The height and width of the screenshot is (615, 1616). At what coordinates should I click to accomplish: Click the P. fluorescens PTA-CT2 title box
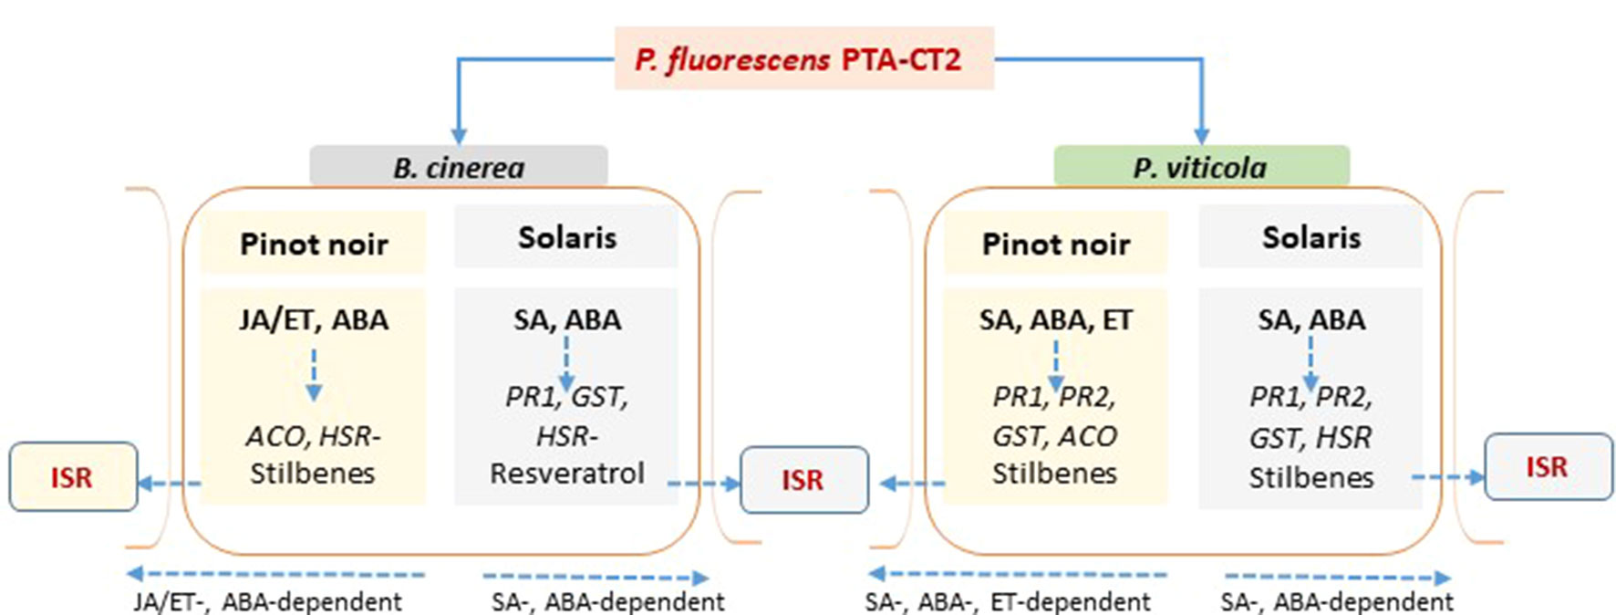[803, 59]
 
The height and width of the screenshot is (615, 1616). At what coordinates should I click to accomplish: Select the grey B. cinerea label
[459, 167]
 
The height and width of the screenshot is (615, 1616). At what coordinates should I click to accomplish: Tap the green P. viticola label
[1200, 167]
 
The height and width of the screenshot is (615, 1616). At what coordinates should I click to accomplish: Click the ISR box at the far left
[72, 477]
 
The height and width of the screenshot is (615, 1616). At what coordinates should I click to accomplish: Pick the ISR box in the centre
[803, 480]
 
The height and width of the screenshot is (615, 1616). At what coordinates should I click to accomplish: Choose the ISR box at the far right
[1547, 467]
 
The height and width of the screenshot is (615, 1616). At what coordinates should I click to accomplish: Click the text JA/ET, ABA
[313, 319]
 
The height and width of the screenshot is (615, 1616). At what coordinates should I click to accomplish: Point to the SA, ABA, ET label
[1055, 319]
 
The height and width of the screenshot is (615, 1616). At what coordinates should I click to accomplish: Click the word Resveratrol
[566, 473]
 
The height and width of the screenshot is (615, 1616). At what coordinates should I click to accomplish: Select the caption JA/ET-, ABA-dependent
[268, 602]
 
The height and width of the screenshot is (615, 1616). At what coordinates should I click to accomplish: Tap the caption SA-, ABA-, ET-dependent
[1008, 602]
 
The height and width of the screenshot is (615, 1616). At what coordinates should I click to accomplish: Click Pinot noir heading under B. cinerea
[313, 244]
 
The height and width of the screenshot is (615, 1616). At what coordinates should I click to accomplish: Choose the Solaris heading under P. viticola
[1310, 237]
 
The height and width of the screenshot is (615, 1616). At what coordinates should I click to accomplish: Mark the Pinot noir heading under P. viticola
[1055, 244]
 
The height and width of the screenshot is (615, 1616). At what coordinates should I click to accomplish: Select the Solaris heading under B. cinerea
[566, 237]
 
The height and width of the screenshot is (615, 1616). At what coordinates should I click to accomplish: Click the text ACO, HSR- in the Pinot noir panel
[313, 435]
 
